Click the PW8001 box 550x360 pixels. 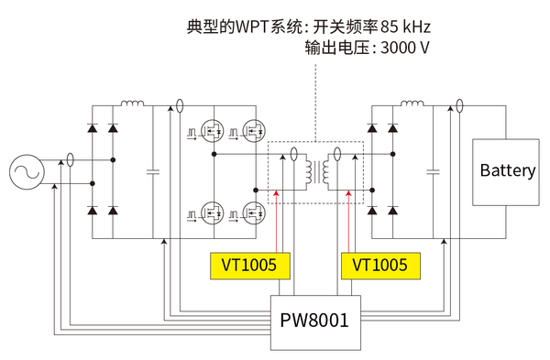tap(313, 322)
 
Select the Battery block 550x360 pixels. tap(507, 171)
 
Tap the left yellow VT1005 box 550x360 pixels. tap(249, 266)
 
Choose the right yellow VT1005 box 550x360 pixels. tap(379, 266)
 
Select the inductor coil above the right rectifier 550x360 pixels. tap(412, 104)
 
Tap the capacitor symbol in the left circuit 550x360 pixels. tap(152, 171)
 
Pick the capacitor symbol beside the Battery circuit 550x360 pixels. tap(432, 171)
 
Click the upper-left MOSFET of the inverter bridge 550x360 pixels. tap(212, 132)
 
